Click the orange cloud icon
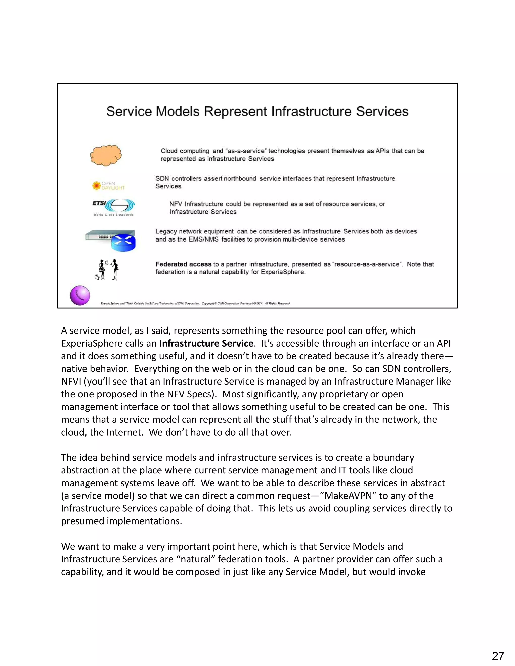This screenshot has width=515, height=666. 106,155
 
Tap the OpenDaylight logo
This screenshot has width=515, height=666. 109,186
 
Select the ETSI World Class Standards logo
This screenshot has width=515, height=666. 113,207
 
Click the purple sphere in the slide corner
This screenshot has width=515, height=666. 80,295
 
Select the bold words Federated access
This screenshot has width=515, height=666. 183,264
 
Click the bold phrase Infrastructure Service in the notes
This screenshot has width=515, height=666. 206,343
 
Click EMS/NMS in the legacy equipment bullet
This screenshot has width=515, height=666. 203,239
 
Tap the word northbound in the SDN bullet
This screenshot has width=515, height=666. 240,179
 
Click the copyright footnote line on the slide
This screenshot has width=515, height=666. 195,303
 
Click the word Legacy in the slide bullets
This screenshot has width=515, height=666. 166,231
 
